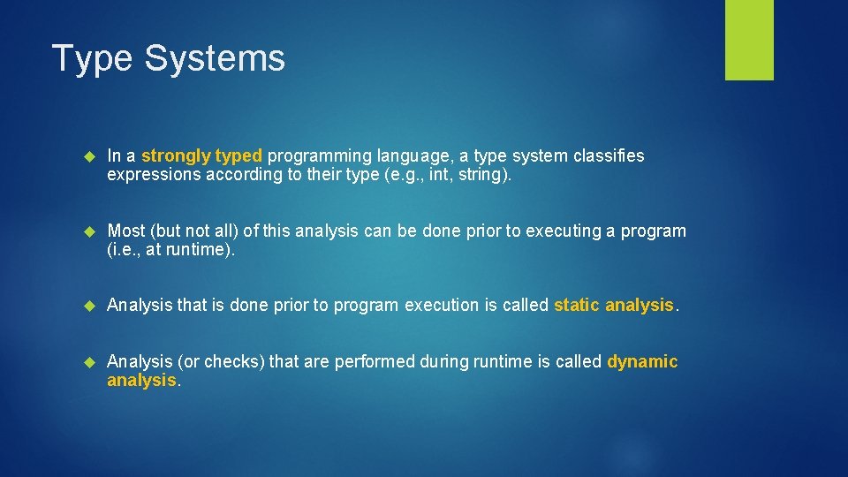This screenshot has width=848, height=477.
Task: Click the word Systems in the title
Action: click(214, 59)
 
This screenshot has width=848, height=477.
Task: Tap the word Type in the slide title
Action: click(93, 59)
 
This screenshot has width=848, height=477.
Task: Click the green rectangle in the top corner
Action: click(749, 40)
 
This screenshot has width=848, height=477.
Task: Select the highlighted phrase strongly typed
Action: click(201, 155)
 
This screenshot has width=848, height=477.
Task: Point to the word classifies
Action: click(608, 155)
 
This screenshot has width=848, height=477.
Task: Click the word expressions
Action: click(152, 174)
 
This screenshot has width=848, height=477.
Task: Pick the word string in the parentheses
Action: click(477, 174)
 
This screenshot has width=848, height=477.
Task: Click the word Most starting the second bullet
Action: click(125, 231)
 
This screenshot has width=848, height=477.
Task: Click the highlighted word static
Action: click(577, 305)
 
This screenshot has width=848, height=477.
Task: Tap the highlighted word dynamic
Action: click(642, 361)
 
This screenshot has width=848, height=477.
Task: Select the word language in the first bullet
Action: click(405, 155)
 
